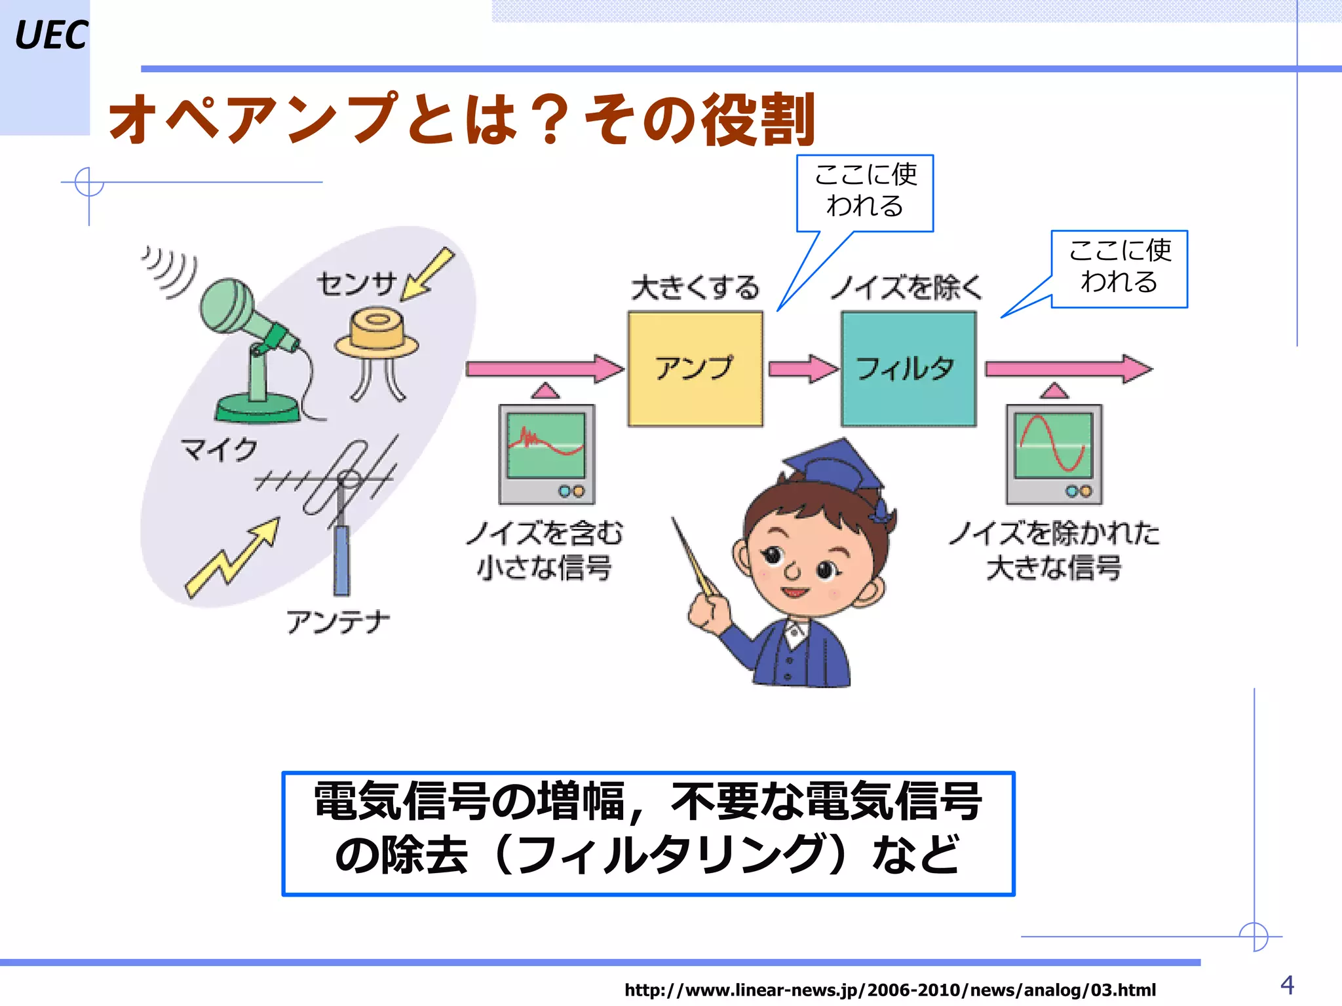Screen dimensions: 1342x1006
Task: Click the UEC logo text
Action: pyautogui.click(x=50, y=35)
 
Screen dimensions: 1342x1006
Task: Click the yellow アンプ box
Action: pyautogui.click(x=695, y=369)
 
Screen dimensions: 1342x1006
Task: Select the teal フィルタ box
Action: pyautogui.click(x=908, y=369)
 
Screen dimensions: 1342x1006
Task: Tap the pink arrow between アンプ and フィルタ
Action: pyautogui.click(x=802, y=369)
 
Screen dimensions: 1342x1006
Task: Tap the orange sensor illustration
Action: pyautogui.click(x=376, y=337)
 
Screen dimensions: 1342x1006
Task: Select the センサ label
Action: pyautogui.click(x=357, y=284)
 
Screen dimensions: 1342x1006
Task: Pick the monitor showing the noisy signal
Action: pyautogui.click(x=546, y=454)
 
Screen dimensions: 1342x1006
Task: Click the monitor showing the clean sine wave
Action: pyautogui.click(x=1054, y=454)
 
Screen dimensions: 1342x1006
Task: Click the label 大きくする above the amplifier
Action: pyautogui.click(x=695, y=288)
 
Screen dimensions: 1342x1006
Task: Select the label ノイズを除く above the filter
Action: pyautogui.click(x=907, y=288)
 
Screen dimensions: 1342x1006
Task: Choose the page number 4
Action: pyautogui.click(x=1287, y=985)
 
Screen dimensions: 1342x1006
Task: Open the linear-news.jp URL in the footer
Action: pyautogui.click(x=890, y=990)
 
